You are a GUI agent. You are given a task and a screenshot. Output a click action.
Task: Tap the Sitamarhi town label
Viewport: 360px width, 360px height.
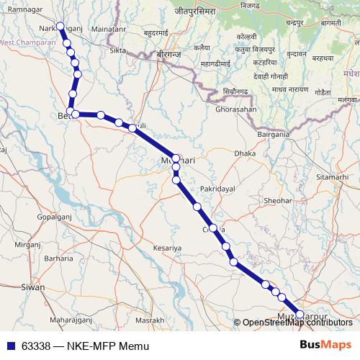pos(330,176)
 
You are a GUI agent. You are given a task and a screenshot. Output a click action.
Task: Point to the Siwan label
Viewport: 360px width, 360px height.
pos(32,287)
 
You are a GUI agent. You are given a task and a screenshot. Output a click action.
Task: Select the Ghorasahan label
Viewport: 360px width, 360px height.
pos(235,109)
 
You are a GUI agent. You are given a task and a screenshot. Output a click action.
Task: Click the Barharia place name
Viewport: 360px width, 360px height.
pos(58,257)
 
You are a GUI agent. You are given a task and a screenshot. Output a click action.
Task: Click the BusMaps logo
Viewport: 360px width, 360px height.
pos(325,345)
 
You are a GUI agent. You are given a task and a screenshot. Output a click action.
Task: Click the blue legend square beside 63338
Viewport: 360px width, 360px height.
pos(12,346)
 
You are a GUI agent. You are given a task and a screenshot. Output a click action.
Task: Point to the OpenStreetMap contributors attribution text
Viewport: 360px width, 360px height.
pos(297,323)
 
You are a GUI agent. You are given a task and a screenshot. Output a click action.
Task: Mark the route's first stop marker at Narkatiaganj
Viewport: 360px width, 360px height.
pos(60,27)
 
